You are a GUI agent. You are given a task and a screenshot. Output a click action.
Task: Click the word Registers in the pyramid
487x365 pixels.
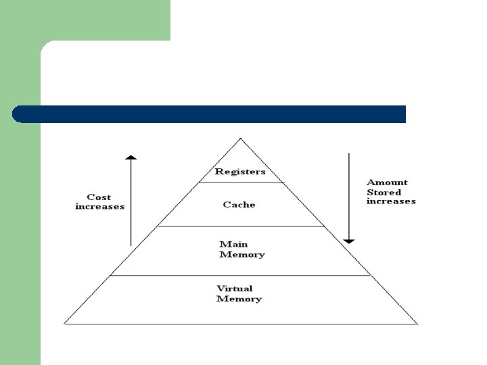click(x=240, y=172)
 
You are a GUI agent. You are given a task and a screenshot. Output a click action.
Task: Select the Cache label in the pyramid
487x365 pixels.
click(x=239, y=204)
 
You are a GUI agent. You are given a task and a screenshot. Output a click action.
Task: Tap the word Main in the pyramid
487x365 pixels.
click(x=233, y=244)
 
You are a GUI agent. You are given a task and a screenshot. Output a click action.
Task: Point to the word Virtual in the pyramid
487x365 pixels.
click(x=235, y=289)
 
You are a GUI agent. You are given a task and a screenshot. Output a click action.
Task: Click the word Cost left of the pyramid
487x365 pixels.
click(x=99, y=197)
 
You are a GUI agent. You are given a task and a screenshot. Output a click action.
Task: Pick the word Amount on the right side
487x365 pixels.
click(x=387, y=182)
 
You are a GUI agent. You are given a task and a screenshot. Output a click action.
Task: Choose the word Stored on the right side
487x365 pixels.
click(x=384, y=192)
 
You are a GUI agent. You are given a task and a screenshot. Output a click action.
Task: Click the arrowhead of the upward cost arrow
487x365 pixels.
click(x=131, y=158)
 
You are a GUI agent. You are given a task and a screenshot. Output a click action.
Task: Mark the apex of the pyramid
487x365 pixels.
click(x=240, y=139)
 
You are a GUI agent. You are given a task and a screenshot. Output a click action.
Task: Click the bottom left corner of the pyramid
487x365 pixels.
click(x=65, y=323)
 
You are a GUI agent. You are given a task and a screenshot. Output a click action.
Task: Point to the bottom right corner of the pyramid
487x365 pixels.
click(x=417, y=323)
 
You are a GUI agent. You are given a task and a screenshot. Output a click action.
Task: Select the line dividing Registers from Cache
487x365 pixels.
click(x=240, y=182)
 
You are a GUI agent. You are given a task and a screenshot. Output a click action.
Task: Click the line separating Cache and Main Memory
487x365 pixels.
click(x=240, y=226)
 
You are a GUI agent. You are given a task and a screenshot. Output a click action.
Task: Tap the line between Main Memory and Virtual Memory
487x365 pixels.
click(x=240, y=275)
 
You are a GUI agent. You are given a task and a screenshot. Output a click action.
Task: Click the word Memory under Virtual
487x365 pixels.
click(x=239, y=299)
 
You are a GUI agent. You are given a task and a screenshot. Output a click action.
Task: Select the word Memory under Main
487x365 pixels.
click(x=242, y=255)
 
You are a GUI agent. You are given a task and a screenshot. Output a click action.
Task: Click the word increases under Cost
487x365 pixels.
click(x=99, y=206)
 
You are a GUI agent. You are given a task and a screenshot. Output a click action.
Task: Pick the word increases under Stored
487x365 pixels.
click(x=391, y=201)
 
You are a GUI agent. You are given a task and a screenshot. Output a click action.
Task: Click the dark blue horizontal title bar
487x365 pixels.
click(x=210, y=114)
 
